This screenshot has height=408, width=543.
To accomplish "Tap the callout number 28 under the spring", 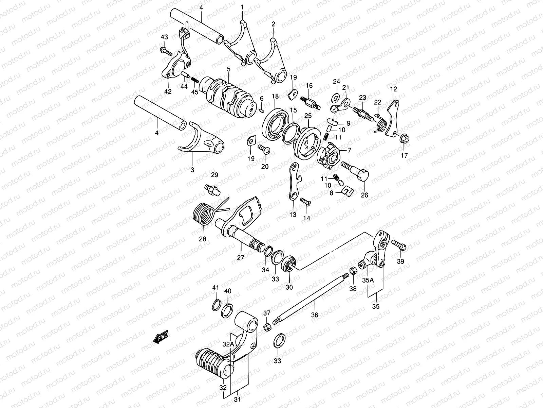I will click(202, 239).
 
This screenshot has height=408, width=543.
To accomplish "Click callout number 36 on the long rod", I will click(315, 315).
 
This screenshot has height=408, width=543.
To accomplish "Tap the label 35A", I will click(368, 280).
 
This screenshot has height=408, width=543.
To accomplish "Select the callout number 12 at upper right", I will click(393, 89).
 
